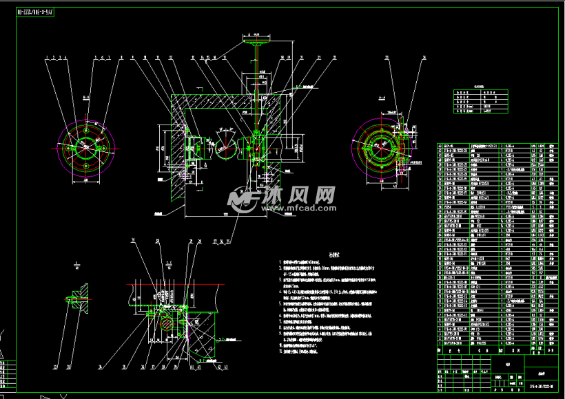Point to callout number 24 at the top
click(x=423, y=58)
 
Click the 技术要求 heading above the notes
click(x=335, y=253)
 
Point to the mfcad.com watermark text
click(x=296, y=207)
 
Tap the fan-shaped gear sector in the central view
click(x=224, y=150)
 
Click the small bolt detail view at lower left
click(x=74, y=297)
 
